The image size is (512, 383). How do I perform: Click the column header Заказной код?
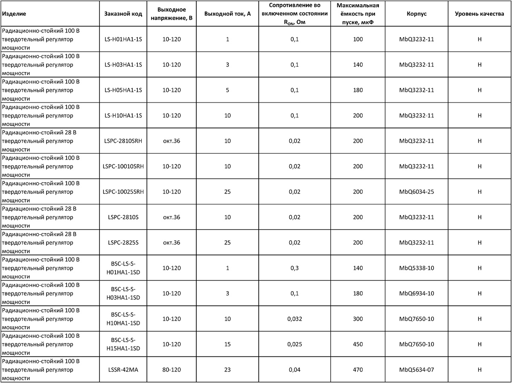[123, 14]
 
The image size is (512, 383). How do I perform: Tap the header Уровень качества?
[479, 14]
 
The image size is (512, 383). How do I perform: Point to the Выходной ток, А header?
[227, 14]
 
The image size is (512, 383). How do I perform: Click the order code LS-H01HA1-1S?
[123, 39]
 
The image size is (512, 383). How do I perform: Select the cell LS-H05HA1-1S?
[123, 90]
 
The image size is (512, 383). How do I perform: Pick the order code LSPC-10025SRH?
[123, 192]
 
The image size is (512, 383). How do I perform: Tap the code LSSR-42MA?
[123, 369]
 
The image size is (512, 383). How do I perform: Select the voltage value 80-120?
[172, 369]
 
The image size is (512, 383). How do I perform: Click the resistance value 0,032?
[294, 319]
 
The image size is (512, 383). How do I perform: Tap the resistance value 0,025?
[294, 344]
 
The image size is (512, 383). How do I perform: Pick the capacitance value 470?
[358, 369]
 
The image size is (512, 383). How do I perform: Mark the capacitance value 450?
[358, 344]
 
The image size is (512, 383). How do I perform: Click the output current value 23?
[227, 369]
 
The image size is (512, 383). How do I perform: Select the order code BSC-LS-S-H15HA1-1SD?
[123, 344]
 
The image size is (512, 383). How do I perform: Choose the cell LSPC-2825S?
[123, 243]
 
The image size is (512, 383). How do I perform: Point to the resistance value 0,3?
[294, 268]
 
